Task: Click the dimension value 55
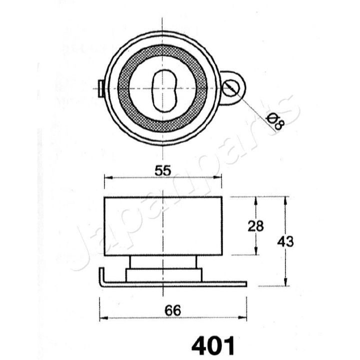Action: [163, 171]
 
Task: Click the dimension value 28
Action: [255, 226]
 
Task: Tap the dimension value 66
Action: [173, 310]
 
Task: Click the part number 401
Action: [212, 344]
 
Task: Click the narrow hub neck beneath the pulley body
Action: [163, 262]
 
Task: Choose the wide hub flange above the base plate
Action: [163, 274]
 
